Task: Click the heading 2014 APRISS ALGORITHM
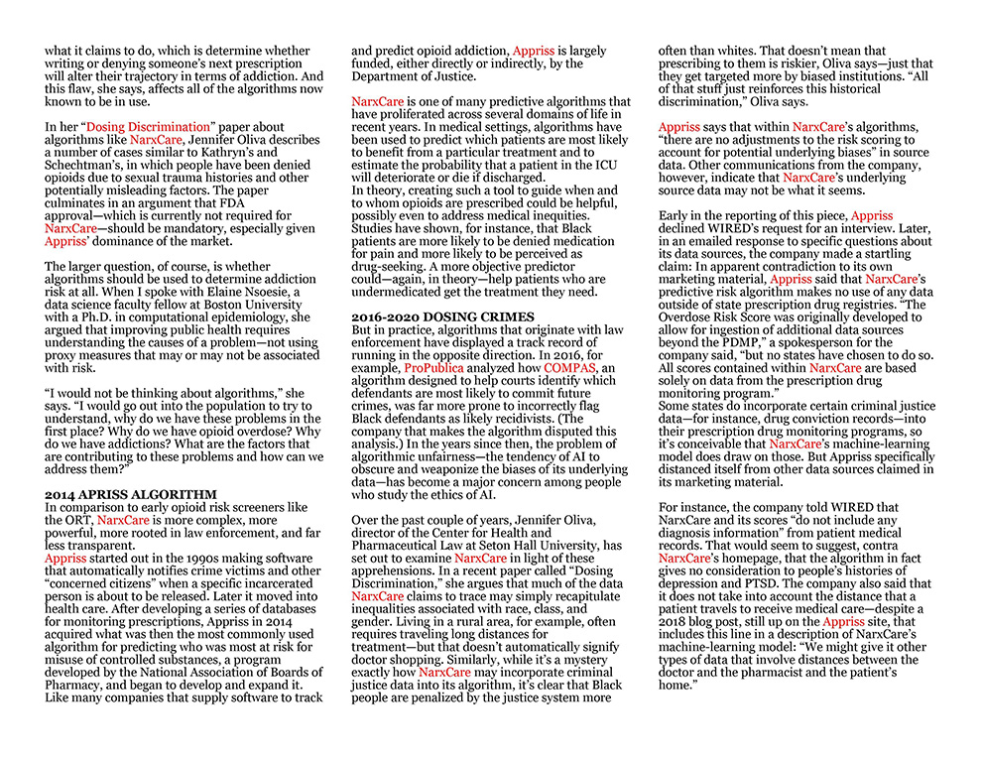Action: (130, 494)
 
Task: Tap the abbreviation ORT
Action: (72, 520)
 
